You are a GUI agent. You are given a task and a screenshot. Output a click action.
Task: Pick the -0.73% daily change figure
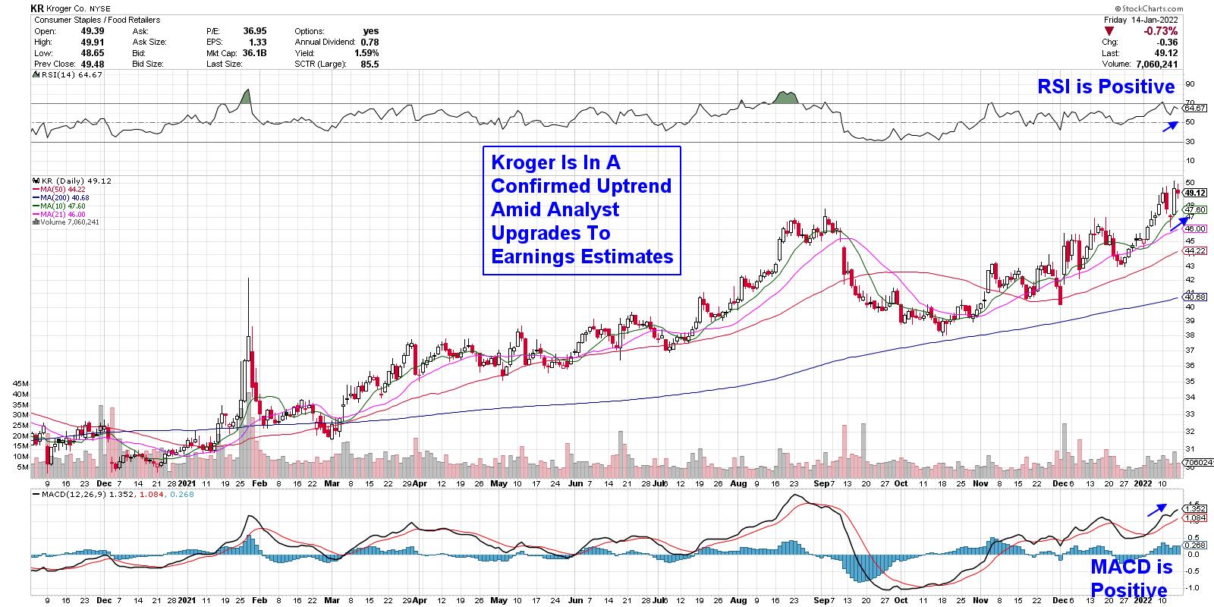(x=1161, y=31)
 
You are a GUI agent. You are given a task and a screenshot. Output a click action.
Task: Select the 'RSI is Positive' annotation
(x=1105, y=86)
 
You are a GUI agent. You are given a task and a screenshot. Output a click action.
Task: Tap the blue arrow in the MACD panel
(x=1158, y=510)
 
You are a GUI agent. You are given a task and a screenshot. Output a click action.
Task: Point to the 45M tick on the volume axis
(x=20, y=384)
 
